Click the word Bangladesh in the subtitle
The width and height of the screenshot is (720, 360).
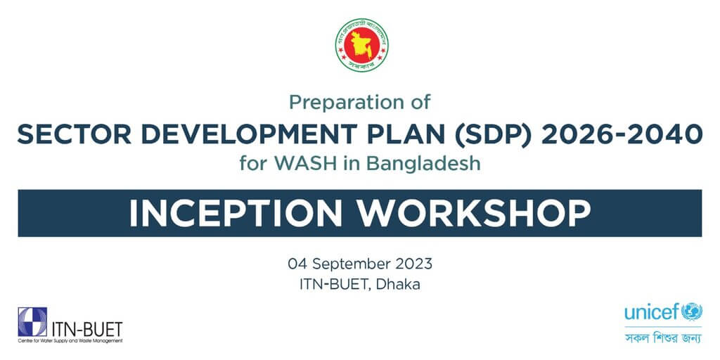click(x=427, y=164)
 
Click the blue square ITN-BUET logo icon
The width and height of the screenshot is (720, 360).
click(x=32, y=321)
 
